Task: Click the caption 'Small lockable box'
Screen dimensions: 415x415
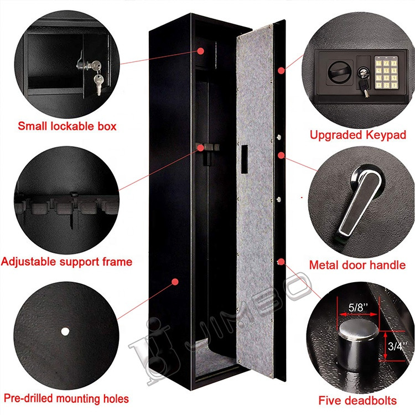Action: (67, 126)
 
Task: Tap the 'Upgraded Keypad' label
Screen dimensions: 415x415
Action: (357, 134)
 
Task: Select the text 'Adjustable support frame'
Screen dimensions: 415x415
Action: (67, 261)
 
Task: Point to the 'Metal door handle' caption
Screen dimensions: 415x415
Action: (357, 265)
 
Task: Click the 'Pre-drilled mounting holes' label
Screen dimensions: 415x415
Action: (66, 398)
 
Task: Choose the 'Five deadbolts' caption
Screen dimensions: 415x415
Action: (357, 400)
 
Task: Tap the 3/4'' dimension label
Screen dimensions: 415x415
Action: (397, 347)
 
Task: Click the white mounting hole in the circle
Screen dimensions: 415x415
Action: (64, 331)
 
